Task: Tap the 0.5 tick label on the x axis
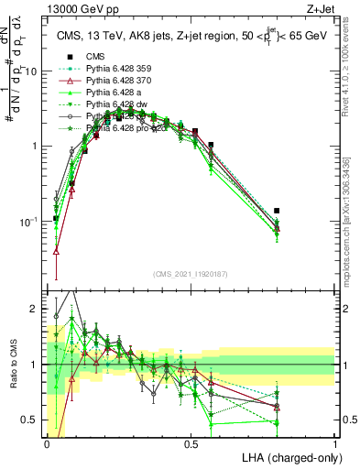pyautogui.click(x=191, y=442)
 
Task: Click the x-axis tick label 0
pyautogui.click(x=48, y=442)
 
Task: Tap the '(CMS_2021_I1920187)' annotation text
pyautogui.click(x=191, y=274)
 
